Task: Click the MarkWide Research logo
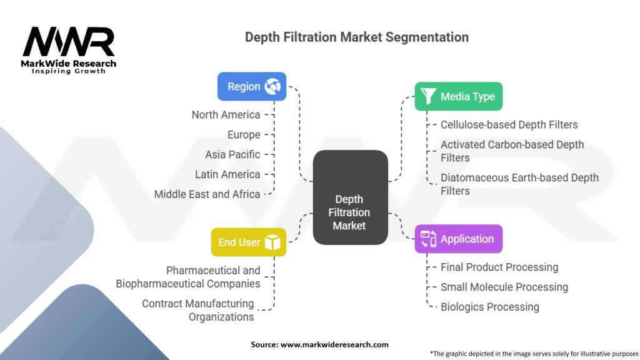point(69,49)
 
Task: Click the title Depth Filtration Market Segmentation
point(356,37)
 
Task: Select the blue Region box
point(251,86)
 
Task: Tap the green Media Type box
point(458,96)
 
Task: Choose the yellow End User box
point(248,242)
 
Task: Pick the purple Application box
point(458,239)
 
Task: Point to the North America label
point(226,114)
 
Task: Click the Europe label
point(243,134)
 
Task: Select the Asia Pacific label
point(232,154)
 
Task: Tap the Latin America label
point(227,174)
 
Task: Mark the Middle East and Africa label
point(207,194)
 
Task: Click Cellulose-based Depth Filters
point(509,124)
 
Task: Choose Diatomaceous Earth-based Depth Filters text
point(519,184)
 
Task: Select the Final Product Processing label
point(499,267)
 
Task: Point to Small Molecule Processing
point(504,287)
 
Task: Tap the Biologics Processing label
point(489,307)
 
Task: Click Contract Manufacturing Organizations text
point(197,310)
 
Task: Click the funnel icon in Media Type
point(428,96)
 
